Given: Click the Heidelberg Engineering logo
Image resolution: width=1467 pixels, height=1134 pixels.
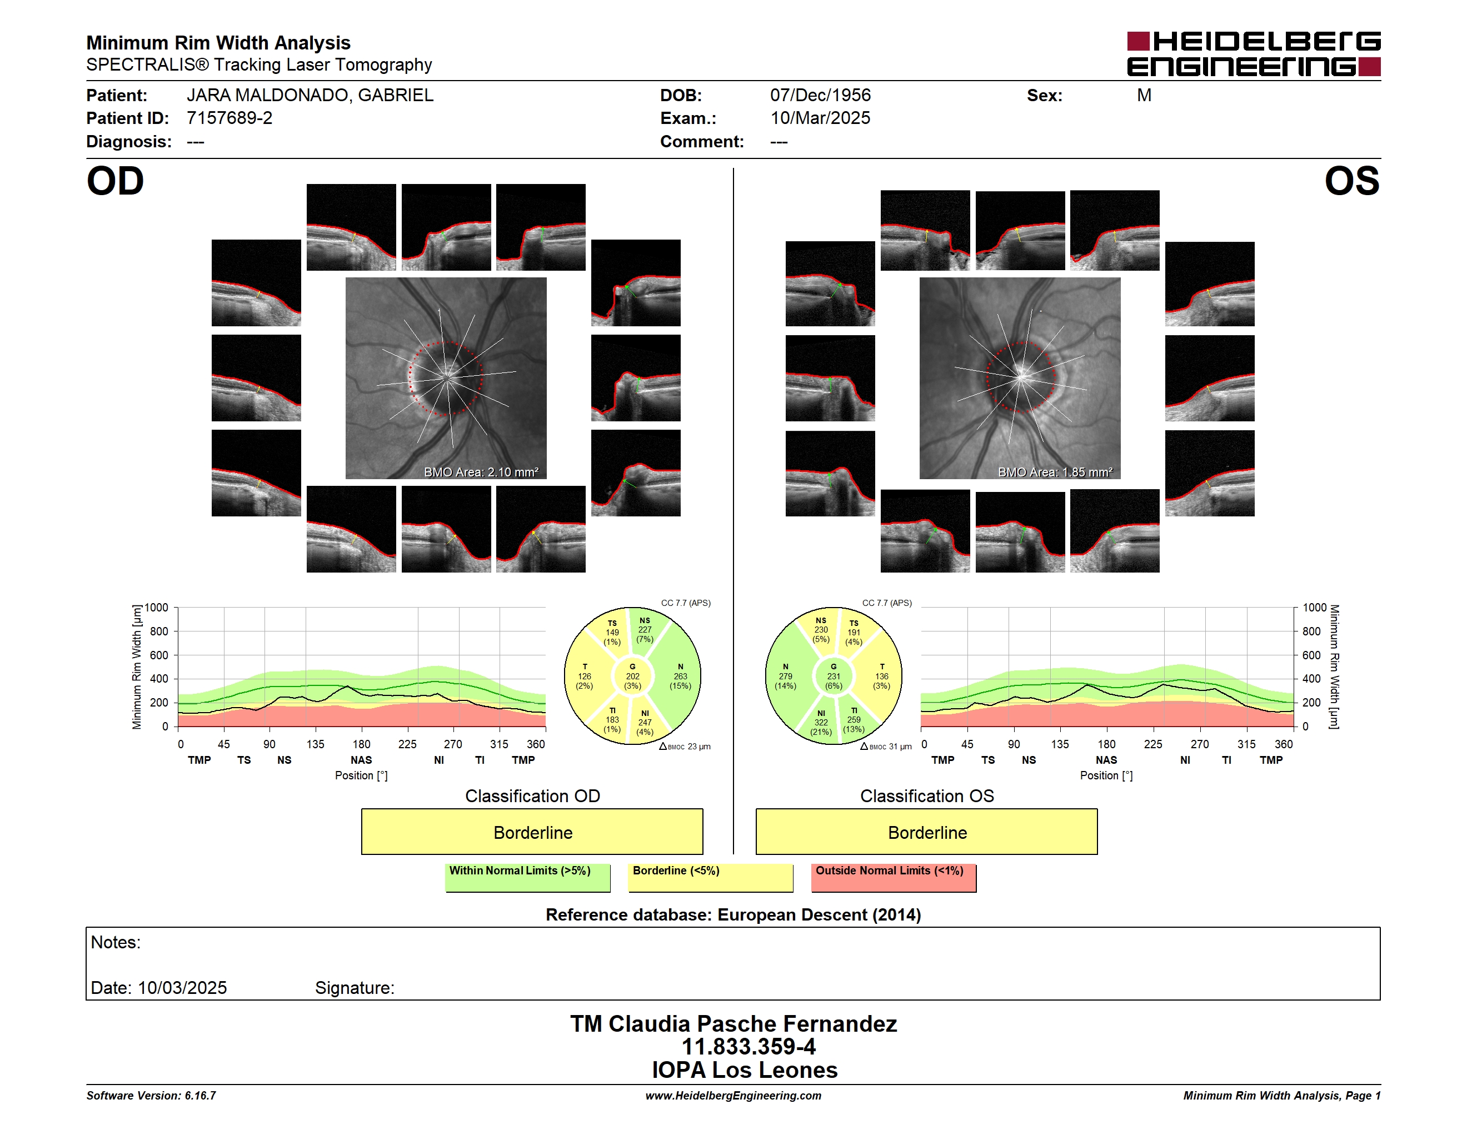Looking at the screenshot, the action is pyautogui.click(x=1254, y=54).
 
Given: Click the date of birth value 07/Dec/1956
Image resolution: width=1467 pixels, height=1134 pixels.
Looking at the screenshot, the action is pyautogui.click(x=820, y=96).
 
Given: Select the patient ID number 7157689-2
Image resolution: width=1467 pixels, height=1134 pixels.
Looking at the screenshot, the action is pyautogui.click(x=229, y=118).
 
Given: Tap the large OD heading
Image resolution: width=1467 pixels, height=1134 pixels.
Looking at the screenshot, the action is pyautogui.click(x=116, y=181).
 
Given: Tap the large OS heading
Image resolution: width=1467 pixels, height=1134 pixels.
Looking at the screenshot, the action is pyautogui.click(x=1351, y=181).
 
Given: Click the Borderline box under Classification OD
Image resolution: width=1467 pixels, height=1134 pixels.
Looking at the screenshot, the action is pyautogui.click(x=532, y=832).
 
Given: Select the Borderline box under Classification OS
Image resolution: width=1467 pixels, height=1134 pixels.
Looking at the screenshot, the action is pyautogui.click(x=927, y=832).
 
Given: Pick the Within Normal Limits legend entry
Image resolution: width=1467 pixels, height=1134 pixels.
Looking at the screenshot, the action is pyautogui.click(x=527, y=877).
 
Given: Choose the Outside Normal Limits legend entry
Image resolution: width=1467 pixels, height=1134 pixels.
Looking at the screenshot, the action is pyautogui.click(x=894, y=877).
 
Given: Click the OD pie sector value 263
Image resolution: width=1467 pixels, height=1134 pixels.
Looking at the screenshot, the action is pyautogui.click(x=681, y=677).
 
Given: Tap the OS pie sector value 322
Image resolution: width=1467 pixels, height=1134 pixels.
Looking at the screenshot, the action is pyautogui.click(x=821, y=722).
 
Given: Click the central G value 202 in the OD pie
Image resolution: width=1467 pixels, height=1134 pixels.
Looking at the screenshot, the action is pyautogui.click(x=633, y=677).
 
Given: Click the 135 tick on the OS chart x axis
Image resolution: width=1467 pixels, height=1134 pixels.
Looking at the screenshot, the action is pyautogui.click(x=1060, y=744).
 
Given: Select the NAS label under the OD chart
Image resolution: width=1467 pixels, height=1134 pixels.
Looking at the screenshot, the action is pyautogui.click(x=361, y=760).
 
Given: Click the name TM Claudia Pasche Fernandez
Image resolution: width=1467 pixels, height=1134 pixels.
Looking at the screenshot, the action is pyautogui.click(x=733, y=1023).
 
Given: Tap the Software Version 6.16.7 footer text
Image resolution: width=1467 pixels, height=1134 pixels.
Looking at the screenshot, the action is pyautogui.click(x=151, y=1095).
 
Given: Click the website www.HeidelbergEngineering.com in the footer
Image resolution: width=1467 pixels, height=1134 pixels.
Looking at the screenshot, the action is pyautogui.click(x=733, y=1095).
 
